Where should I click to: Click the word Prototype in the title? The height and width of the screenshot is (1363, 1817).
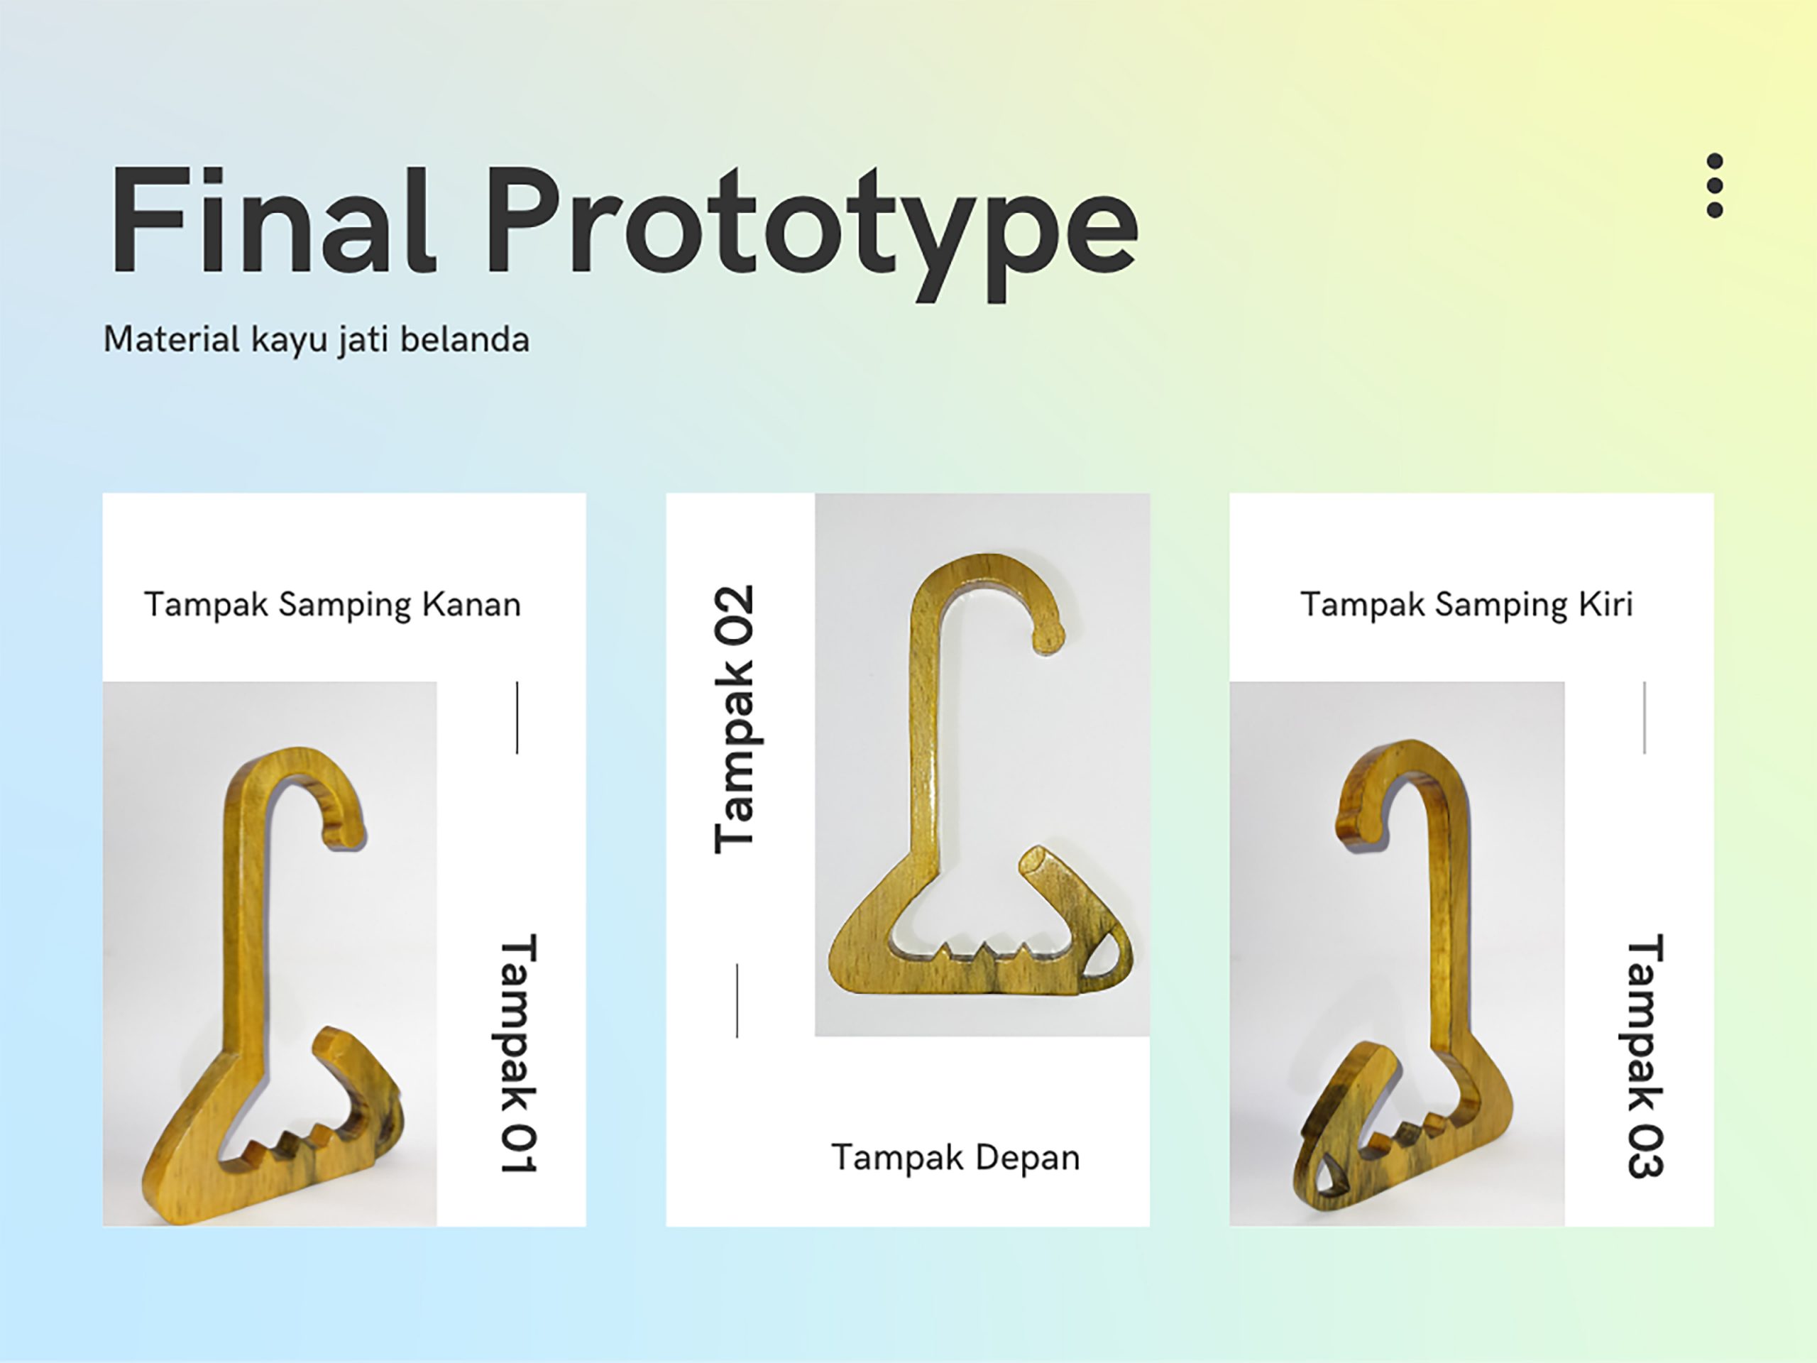[813, 234]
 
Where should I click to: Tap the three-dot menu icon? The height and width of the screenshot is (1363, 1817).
[1714, 186]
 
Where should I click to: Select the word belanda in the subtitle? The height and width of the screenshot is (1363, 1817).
[464, 339]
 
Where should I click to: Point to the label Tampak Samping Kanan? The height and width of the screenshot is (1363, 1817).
[333, 605]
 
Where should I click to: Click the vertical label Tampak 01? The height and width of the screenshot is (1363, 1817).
[518, 1053]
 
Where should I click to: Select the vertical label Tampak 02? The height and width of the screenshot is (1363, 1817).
[733, 719]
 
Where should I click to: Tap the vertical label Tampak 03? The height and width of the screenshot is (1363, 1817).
[1645, 1056]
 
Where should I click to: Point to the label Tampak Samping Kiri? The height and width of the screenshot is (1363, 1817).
[1466, 605]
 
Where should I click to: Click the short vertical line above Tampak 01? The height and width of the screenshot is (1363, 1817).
[517, 717]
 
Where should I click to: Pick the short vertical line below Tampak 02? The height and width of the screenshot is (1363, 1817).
[737, 1000]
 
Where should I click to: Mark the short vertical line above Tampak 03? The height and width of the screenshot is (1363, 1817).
[1645, 717]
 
